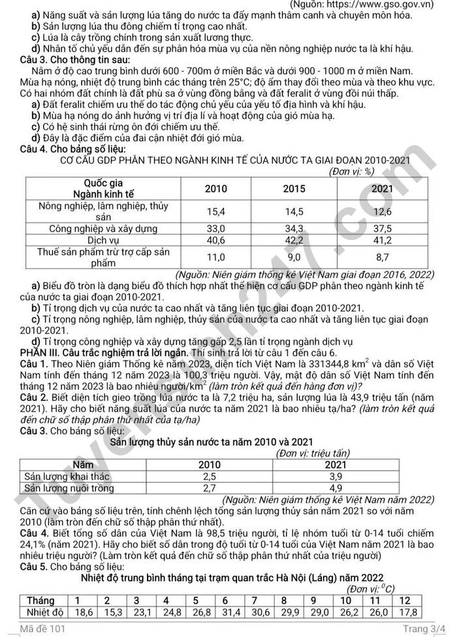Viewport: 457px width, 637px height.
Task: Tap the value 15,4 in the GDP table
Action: coord(216,211)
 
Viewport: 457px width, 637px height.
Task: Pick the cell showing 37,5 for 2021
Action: coord(383,229)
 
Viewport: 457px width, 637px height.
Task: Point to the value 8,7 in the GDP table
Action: coord(383,257)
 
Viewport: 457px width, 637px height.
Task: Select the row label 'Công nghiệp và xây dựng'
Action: coord(104,229)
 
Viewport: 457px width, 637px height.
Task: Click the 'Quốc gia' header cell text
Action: coord(104,183)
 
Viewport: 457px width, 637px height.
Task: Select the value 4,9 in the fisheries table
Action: coord(336,487)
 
